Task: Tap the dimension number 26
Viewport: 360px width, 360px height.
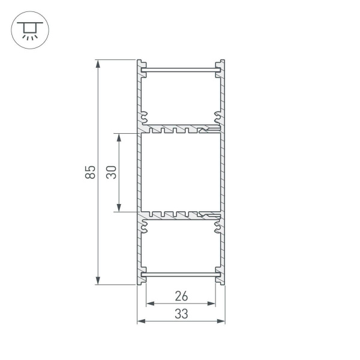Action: coord(181,295)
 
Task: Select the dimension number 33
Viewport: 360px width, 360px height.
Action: coord(181,313)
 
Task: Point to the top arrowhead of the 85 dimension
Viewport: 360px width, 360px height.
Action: coord(98,63)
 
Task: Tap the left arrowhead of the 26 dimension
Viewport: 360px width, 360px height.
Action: coord(151,304)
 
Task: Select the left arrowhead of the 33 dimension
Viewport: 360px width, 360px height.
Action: coord(141,322)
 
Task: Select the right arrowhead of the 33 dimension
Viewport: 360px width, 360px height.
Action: coord(221,322)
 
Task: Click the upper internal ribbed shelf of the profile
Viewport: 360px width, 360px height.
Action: coord(180,129)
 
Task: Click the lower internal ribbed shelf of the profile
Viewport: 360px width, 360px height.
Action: coord(180,215)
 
